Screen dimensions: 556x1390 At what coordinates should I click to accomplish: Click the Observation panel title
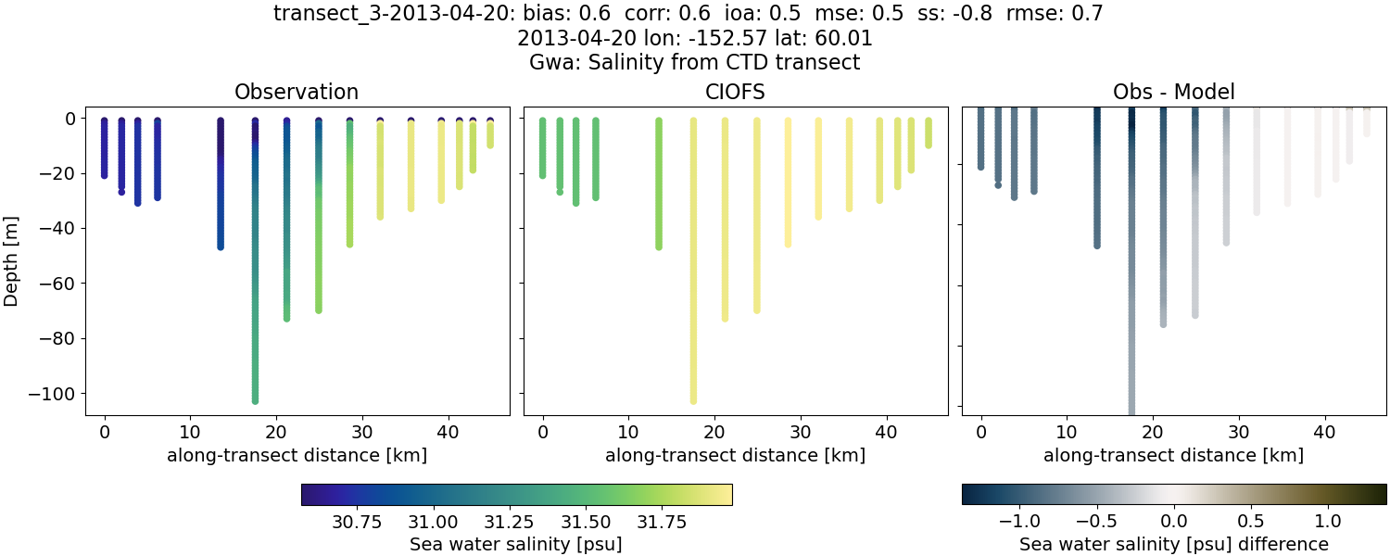click(297, 92)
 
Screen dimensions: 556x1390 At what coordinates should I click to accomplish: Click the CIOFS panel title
click(735, 92)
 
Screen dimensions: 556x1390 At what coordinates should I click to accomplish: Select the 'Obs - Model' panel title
click(1173, 92)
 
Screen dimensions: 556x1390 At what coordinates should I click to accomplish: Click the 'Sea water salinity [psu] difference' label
click(1173, 544)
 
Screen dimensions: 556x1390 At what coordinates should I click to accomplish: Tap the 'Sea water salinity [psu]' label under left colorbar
click(516, 544)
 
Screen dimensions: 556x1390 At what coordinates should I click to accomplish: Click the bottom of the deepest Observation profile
click(255, 400)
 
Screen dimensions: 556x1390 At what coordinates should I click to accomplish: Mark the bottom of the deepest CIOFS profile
click(693, 400)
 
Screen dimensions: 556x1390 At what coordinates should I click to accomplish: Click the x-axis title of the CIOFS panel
click(735, 455)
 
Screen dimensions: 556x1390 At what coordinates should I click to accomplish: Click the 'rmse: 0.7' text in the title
click(1053, 14)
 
